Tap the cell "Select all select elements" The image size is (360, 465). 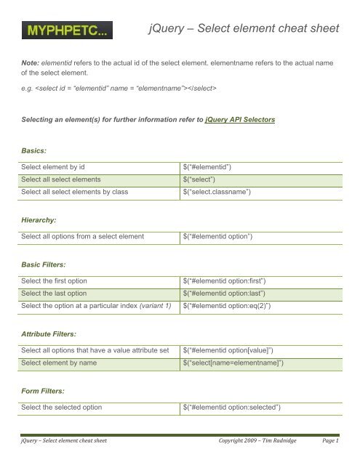click(70, 179)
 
